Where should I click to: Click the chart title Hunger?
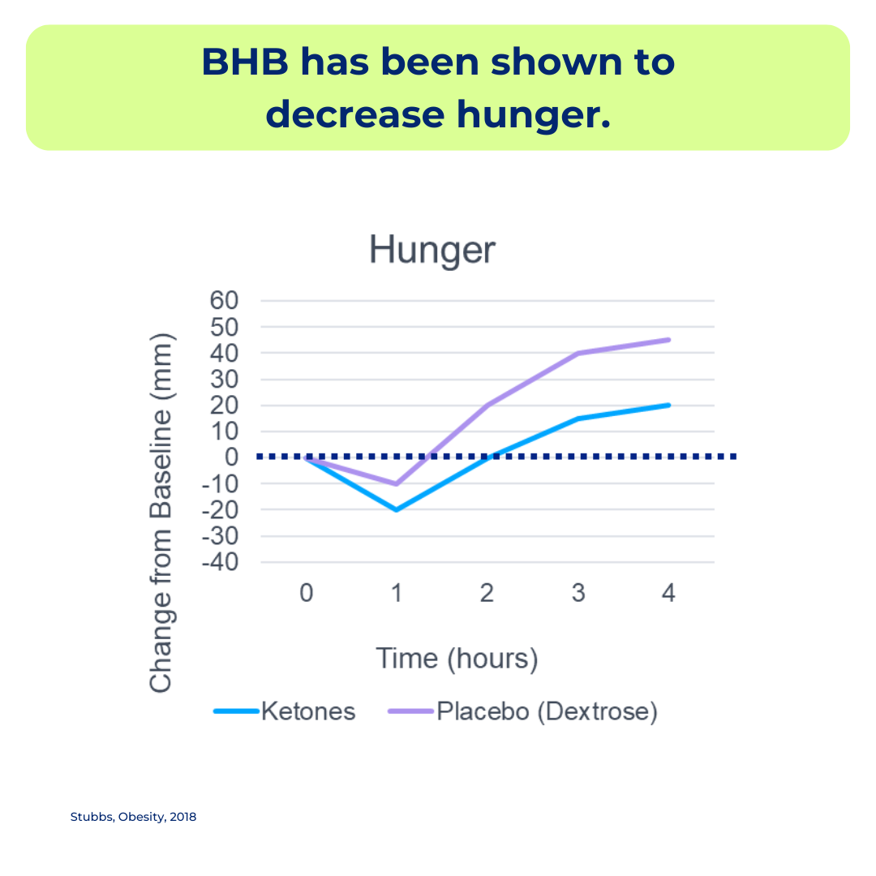pyautogui.click(x=432, y=250)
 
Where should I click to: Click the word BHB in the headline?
pyautogui.click(x=245, y=62)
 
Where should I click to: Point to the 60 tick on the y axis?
pyautogui.click(x=224, y=301)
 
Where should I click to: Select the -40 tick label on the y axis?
pyautogui.click(x=220, y=563)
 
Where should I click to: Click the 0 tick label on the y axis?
pyautogui.click(x=232, y=457)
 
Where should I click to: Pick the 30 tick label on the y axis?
pyautogui.click(x=224, y=380)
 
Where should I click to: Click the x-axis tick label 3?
pyautogui.click(x=578, y=593)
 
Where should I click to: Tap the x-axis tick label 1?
pyautogui.click(x=397, y=593)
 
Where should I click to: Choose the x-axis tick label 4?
pyautogui.click(x=668, y=593)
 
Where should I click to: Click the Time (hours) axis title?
pyautogui.click(x=457, y=659)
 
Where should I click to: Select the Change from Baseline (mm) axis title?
pyautogui.click(x=161, y=513)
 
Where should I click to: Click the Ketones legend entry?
pyautogui.click(x=285, y=712)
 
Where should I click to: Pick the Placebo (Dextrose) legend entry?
pyautogui.click(x=523, y=712)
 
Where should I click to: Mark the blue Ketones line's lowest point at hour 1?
pyautogui.click(x=397, y=510)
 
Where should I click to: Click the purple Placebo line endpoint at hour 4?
pyautogui.click(x=668, y=340)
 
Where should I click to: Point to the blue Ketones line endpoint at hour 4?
pyautogui.click(x=668, y=405)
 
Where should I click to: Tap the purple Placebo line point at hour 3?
pyautogui.click(x=578, y=353)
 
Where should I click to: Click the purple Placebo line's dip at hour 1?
pyautogui.click(x=397, y=483)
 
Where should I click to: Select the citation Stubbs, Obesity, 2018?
pyautogui.click(x=133, y=817)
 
